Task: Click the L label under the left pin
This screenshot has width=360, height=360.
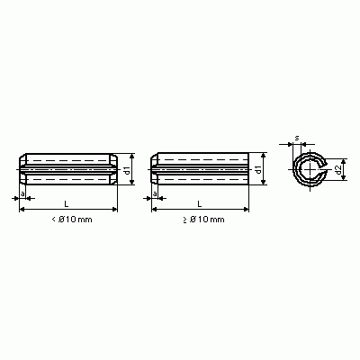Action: [67, 204]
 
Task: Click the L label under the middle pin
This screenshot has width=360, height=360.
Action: [200, 204]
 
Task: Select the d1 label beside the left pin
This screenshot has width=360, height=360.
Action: [127, 170]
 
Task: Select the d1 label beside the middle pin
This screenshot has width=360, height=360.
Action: [258, 169]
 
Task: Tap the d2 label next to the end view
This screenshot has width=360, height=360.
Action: [338, 170]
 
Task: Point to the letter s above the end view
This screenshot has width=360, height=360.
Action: [297, 138]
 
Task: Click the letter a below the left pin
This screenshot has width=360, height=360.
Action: [22, 193]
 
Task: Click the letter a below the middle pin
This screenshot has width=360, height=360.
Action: [155, 193]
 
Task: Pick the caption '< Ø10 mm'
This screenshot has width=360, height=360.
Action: [72, 220]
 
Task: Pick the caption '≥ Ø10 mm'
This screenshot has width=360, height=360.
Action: [204, 220]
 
